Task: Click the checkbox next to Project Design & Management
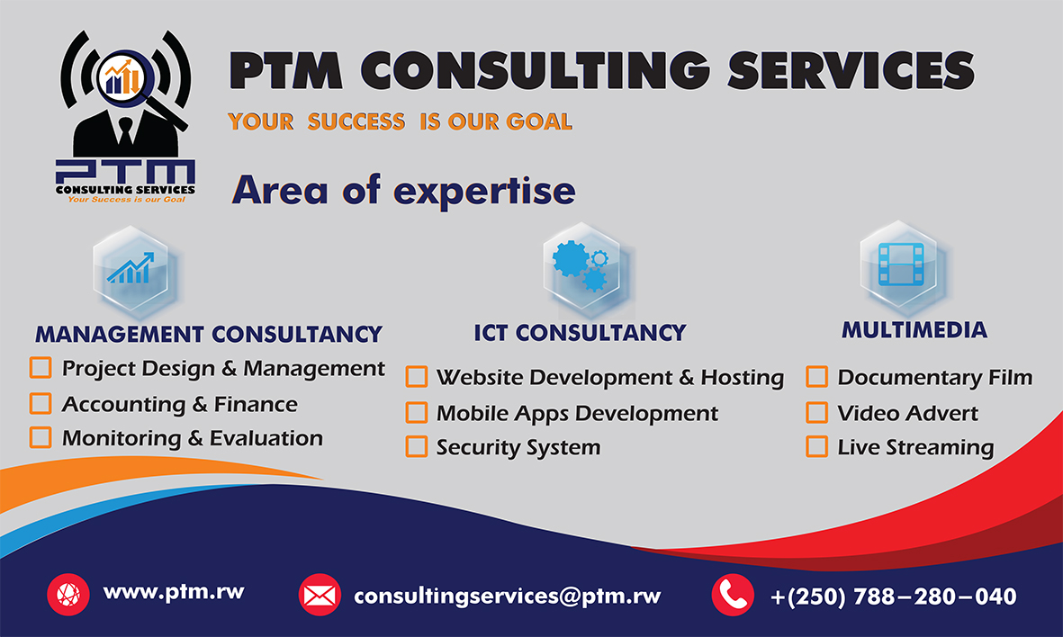41,368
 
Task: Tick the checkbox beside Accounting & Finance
41,403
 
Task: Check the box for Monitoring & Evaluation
41,437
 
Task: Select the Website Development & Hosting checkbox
416,376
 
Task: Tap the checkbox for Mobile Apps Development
416,412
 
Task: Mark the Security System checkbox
416,446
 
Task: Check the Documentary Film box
816,376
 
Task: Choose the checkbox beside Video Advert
816,412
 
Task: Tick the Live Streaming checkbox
816,446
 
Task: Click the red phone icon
733,595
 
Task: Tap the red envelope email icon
320,595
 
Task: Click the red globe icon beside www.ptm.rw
68,595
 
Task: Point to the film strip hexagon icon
896,262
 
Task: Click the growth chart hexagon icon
131,267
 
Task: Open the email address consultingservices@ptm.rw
508,596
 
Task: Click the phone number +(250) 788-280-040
894,596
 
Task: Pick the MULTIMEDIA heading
914,330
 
